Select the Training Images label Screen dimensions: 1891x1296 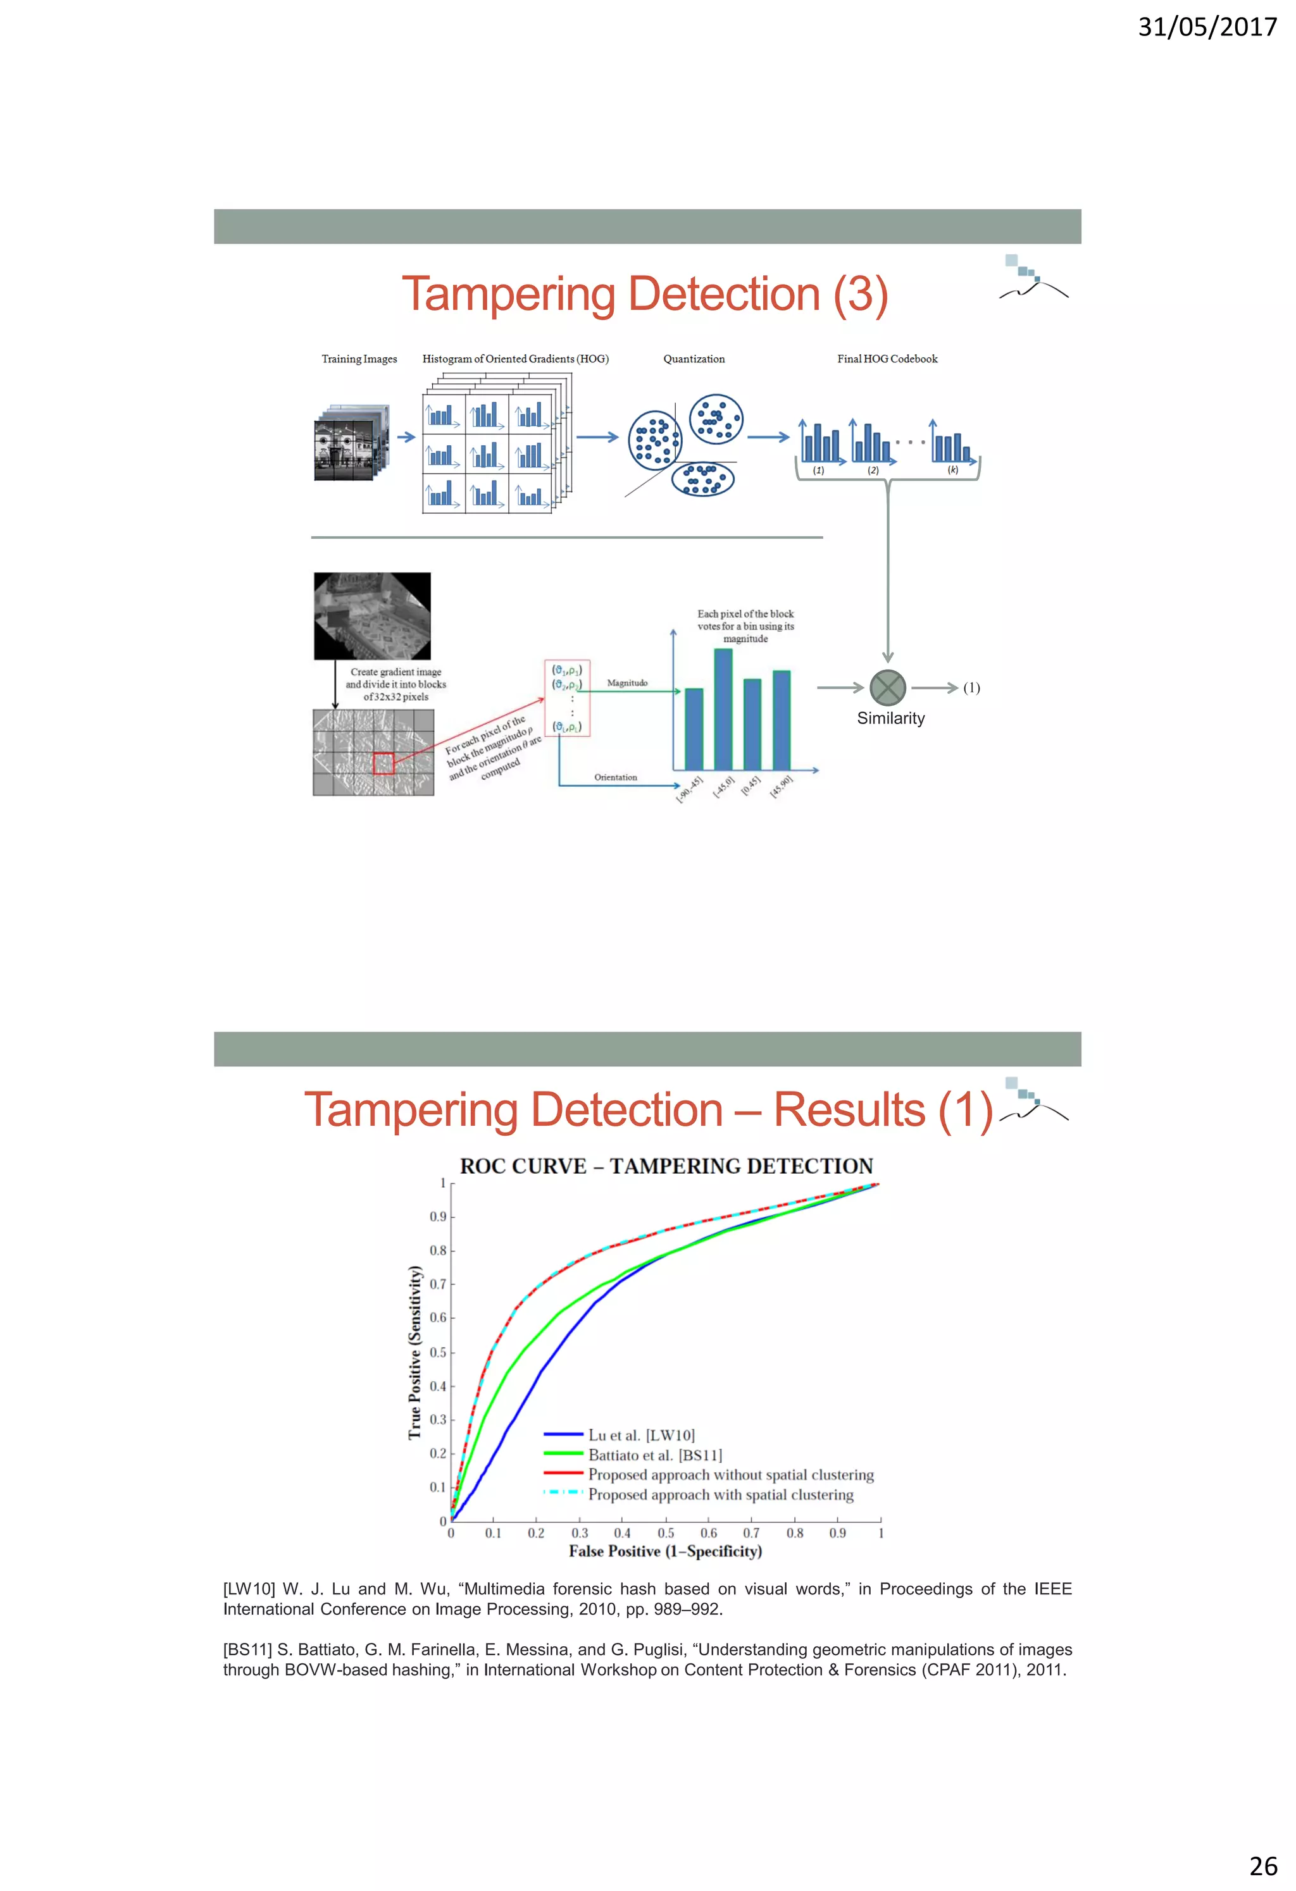[x=359, y=359]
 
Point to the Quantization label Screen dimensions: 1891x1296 [x=694, y=359]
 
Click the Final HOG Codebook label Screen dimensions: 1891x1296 [x=887, y=359]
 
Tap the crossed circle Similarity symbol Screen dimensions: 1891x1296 [x=887, y=687]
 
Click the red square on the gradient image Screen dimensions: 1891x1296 [x=383, y=763]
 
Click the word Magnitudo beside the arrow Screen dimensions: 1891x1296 [x=627, y=682]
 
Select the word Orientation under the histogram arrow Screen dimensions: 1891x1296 [x=616, y=777]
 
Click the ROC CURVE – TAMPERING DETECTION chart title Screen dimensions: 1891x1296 [x=666, y=1166]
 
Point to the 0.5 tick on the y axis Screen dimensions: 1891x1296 [x=438, y=1352]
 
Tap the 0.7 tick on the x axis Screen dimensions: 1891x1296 [x=751, y=1533]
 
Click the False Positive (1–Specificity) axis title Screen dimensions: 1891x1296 [x=665, y=1551]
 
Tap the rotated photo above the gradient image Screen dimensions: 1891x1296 [x=372, y=616]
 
